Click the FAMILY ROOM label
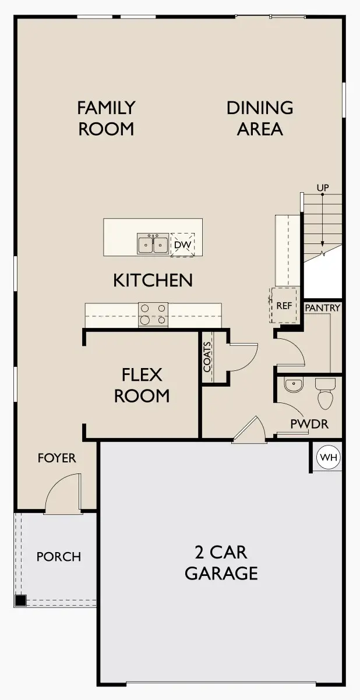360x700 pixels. click(106, 118)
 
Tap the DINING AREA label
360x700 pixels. click(260, 118)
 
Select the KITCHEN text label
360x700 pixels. click(153, 280)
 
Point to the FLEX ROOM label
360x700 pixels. click(142, 385)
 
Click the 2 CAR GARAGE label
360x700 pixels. click(221, 562)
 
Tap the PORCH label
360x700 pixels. click(58, 557)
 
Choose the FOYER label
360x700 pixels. click(57, 458)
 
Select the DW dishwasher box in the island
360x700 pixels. click(182, 245)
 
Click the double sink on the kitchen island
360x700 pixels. click(153, 244)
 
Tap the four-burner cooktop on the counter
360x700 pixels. click(153, 314)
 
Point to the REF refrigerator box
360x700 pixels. click(284, 305)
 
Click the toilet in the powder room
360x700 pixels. click(325, 393)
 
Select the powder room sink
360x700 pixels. click(292, 384)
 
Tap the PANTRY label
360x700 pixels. click(322, 307)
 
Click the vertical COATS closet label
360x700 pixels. click(208, 356)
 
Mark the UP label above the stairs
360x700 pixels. click(322, 188)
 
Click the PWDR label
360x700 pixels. click(309, 424)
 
